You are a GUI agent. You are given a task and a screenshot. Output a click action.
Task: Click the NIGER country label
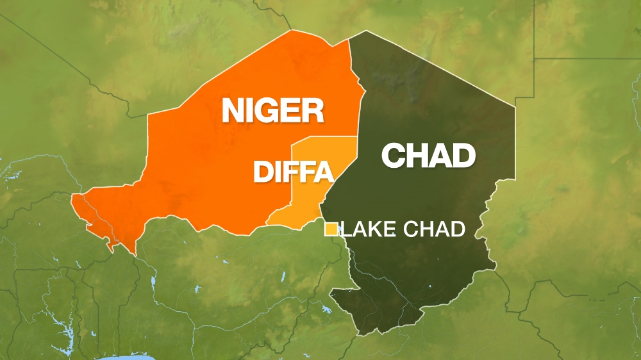[272, 111]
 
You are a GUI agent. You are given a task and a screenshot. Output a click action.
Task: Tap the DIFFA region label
[294, 172]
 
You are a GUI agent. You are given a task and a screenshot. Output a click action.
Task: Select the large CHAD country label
[428, 156]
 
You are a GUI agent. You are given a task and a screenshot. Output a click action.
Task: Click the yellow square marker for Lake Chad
[331, 229]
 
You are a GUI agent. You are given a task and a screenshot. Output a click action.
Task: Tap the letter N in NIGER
[235, 111]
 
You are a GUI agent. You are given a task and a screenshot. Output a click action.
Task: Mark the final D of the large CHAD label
[463, 156]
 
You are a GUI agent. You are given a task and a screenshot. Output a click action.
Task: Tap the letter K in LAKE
[376, 229]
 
